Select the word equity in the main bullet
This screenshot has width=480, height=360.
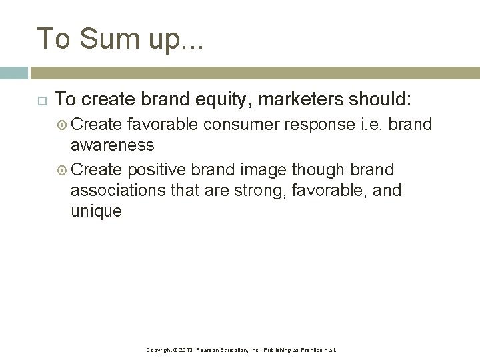pos(221,100)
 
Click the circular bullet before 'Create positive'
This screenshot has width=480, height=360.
pos(63,170)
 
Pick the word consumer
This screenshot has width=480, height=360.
pos(241,125)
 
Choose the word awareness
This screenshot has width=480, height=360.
pos(113,145)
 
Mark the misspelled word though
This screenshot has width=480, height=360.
pos(319,169)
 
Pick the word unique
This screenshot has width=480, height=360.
pos(96,211)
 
